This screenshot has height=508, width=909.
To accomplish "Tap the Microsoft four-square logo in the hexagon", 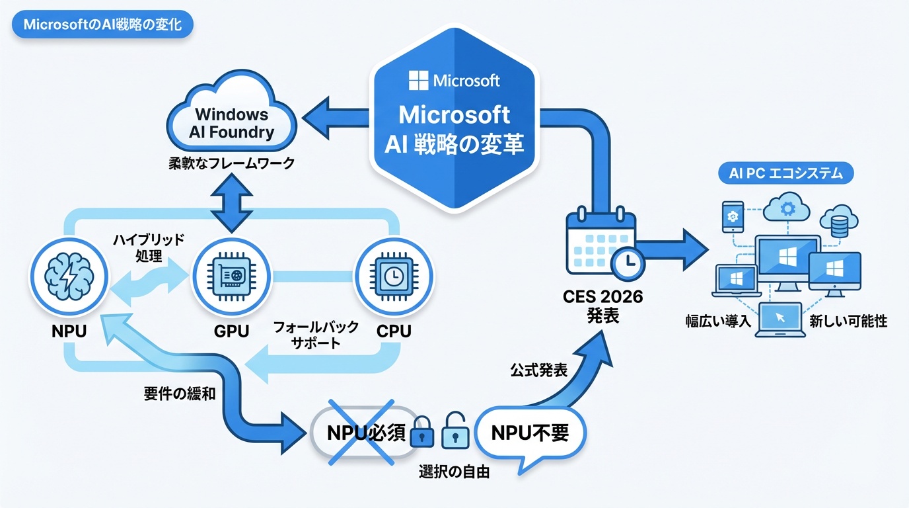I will coord(419,81).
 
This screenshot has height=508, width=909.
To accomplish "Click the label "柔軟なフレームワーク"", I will coord(231,163).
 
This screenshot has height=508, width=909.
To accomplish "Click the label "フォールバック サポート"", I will coord(316,334).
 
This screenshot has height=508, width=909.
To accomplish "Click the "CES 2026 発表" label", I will coord(604,306).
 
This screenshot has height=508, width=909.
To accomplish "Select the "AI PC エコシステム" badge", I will coord(785,174).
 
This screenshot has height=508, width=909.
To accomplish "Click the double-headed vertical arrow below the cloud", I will coord(231,202).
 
